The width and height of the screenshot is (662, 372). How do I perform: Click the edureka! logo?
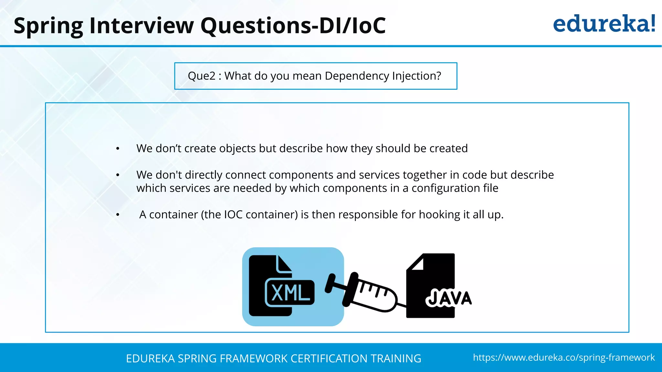point(604,24)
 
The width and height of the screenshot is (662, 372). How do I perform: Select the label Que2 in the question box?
point(201,76)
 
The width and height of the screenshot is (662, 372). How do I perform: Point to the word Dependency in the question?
point(357,76)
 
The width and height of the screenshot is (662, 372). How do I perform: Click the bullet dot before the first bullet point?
point(118,149)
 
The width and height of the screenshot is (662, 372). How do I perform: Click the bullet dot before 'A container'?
point(118,215)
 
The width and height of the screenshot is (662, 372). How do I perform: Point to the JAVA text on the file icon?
point(449,298)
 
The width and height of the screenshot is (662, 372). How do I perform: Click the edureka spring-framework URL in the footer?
point(564,357)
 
